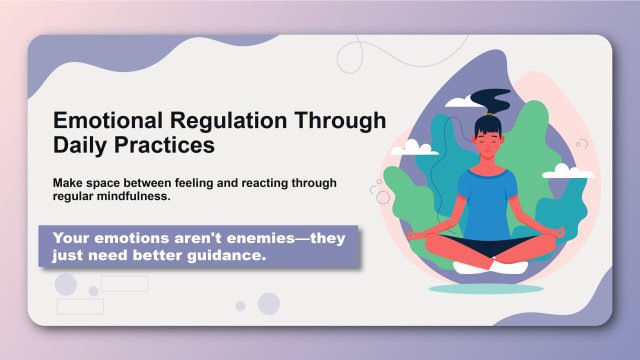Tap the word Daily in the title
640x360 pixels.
84,145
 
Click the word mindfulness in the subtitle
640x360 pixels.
134,197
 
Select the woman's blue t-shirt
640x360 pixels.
489,200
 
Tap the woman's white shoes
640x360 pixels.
489,267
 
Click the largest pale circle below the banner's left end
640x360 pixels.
66,285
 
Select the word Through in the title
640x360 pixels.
341,121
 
